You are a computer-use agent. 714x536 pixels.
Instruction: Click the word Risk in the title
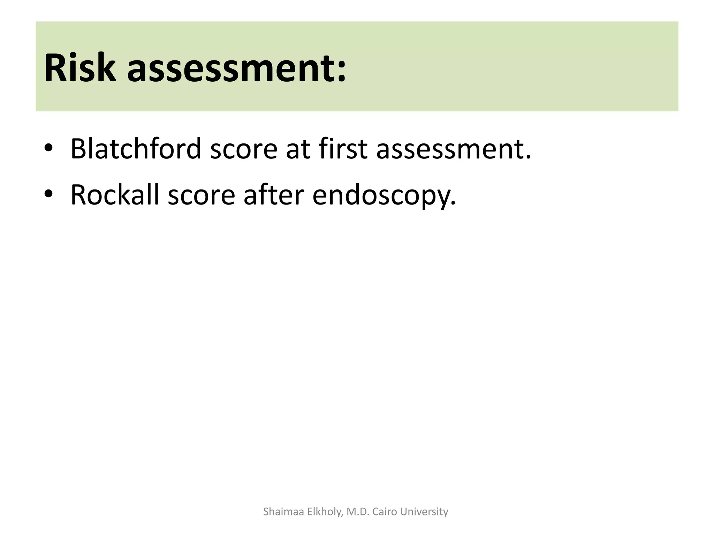tap(80, 67)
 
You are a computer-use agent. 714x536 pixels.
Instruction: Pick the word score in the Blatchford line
tap(243, 150)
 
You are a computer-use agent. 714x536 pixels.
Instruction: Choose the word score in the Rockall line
tap(201, 196)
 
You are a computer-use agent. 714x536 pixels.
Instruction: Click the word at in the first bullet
tap(298, 150)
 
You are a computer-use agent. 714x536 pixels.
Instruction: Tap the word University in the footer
tap(424, 512)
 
